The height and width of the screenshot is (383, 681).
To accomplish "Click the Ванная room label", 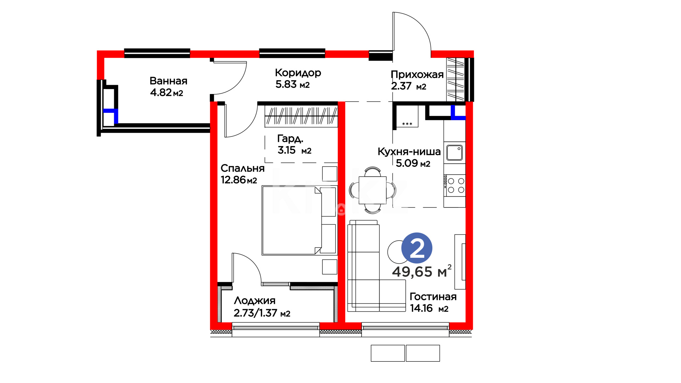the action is point(168,81).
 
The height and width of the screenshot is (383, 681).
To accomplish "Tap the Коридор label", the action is point(298,73).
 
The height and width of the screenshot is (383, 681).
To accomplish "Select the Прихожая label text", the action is point(417,74).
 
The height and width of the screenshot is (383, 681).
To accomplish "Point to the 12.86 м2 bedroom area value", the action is point(239,180).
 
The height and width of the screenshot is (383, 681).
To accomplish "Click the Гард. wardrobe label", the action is point(290,139).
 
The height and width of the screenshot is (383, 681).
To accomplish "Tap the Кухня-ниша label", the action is point(409,151).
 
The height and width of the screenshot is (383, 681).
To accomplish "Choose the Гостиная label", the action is point(433,296).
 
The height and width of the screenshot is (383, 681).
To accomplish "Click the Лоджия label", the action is point(255,301).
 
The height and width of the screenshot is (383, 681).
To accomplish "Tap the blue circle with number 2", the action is point(417,248).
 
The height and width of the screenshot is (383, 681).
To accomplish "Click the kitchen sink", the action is point(454,152).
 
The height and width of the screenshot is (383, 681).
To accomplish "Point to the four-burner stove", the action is point(454,185).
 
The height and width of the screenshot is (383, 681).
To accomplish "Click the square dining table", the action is point(372,190).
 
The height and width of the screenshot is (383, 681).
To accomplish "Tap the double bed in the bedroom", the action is point(299,220).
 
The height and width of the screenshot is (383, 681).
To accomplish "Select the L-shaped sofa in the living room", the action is point(376,266).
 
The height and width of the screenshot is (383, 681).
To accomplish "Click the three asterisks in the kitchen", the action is point(407,124).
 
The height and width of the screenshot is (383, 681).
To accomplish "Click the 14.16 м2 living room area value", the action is point(429,308).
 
